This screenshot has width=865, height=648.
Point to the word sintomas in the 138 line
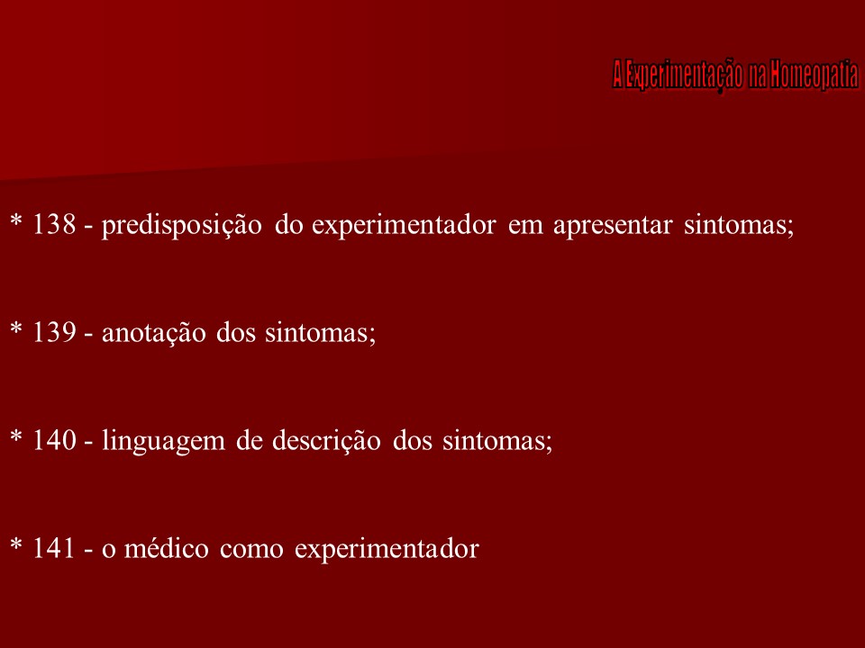tap(739, 226)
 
